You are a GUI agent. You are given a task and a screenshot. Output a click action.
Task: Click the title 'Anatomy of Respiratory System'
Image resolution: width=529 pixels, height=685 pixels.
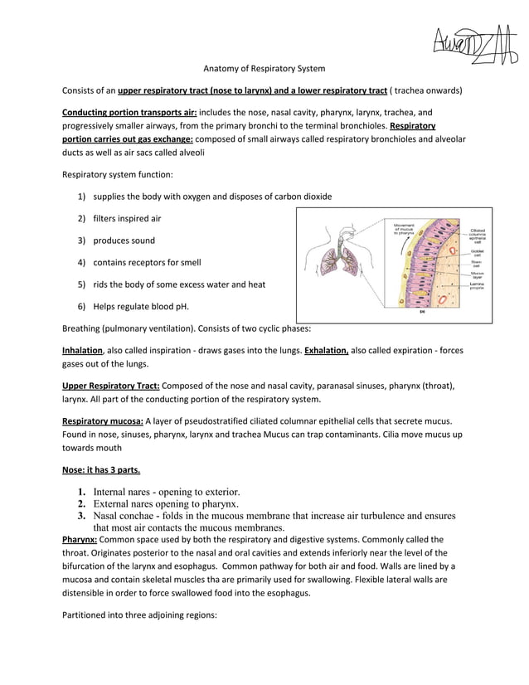pos(264,68)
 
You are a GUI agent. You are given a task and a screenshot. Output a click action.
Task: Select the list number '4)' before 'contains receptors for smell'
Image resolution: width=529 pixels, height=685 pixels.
pos(82,263)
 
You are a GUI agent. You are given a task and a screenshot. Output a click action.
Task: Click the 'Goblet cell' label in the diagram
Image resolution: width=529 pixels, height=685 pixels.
pos(478,252)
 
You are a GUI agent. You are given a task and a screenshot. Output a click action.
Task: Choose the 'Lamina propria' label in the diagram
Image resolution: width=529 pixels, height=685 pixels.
pos(477,286)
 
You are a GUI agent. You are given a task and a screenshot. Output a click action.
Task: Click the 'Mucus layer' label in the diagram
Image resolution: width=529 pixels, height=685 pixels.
pos(478,274)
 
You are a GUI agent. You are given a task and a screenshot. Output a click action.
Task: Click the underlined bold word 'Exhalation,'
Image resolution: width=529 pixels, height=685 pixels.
pos(327,350)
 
